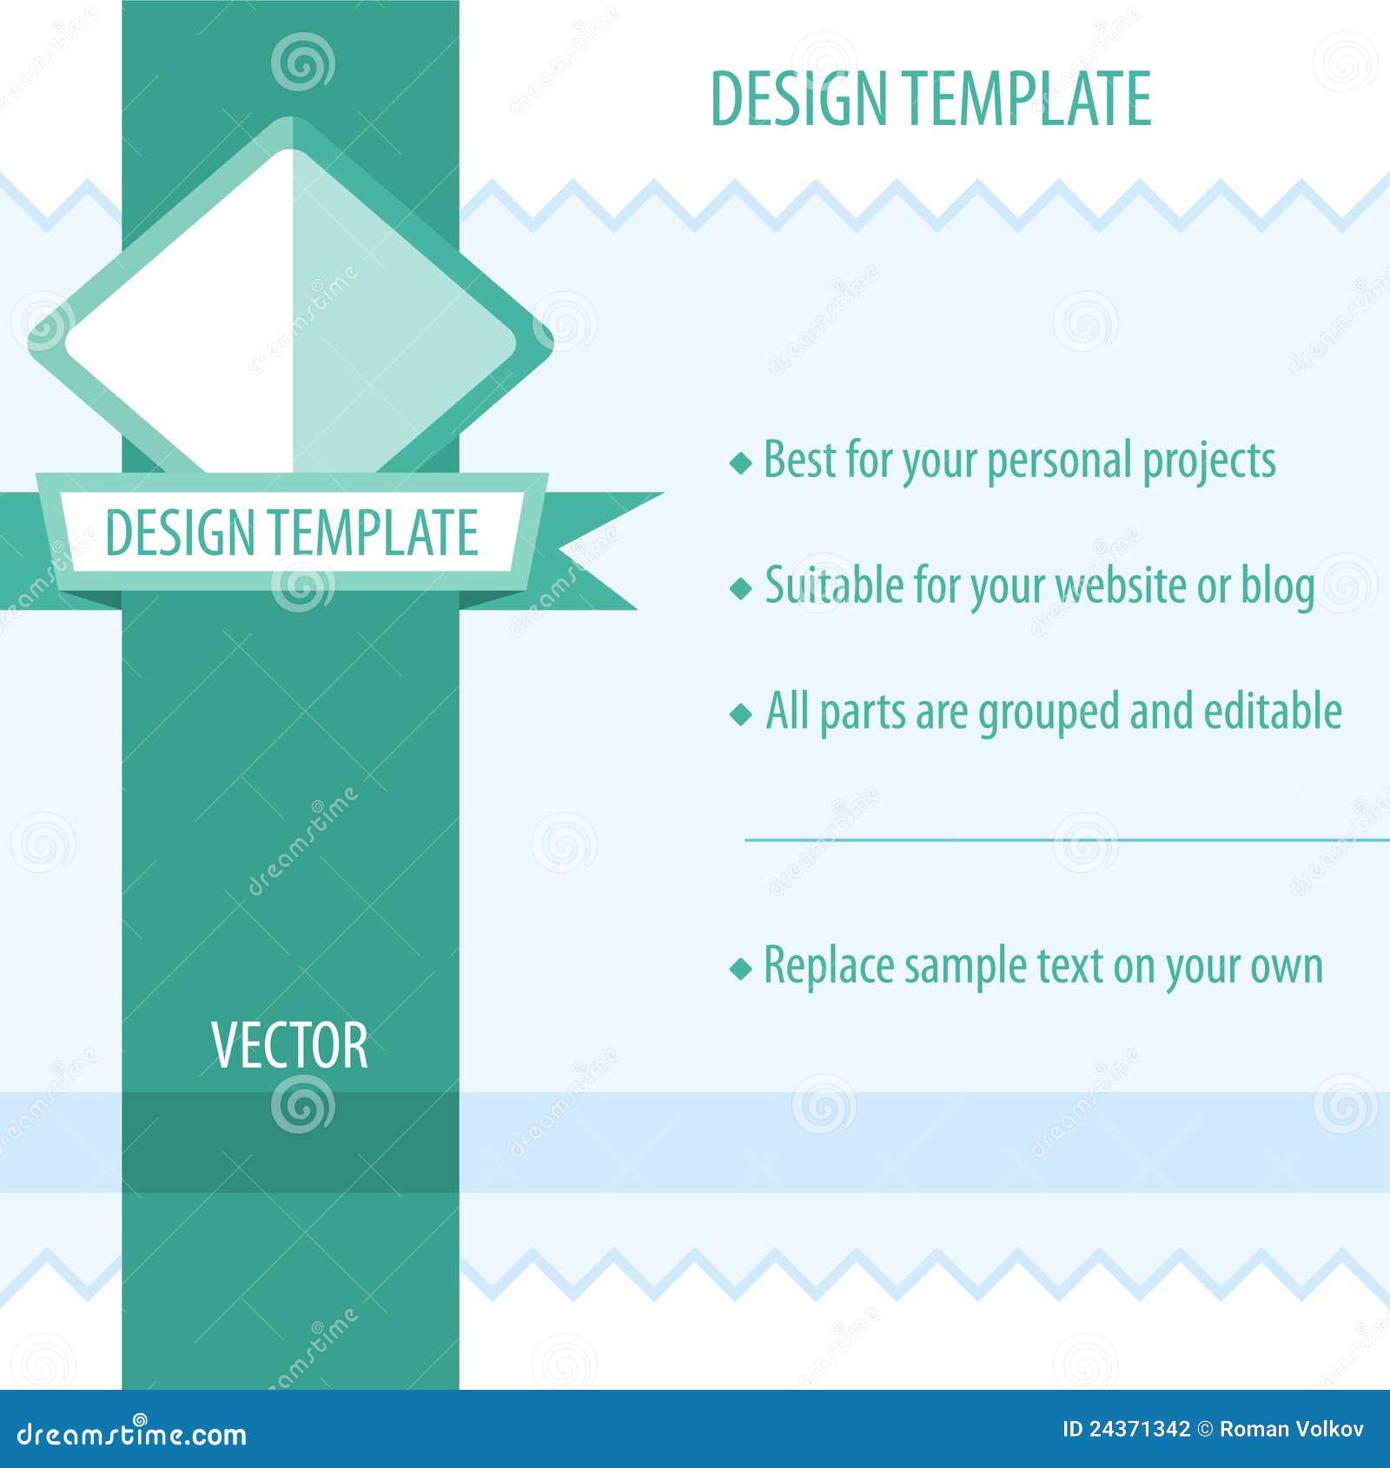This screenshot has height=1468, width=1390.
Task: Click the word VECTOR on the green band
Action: coord(289,1046)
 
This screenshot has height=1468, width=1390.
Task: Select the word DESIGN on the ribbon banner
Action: coord(179,532)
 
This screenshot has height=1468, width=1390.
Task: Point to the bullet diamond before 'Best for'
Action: coord(740,462)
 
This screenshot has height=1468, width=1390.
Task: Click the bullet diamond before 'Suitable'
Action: coord(740,588)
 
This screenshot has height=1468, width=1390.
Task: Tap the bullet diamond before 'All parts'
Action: coord(740,714)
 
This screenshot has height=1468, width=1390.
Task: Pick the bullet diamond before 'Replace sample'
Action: coord(740,968)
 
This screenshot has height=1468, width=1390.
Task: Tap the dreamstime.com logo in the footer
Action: coord(130,1433)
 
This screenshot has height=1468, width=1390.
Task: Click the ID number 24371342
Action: coord(1140,1430)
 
